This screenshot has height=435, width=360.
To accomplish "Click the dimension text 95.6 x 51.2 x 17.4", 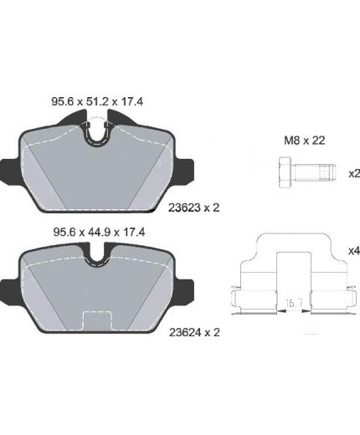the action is point(97,102).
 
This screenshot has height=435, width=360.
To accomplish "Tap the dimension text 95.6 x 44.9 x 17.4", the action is point(99,232).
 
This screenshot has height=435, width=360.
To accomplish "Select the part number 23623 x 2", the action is point(194,207).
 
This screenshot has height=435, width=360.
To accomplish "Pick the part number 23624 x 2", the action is point(194,332).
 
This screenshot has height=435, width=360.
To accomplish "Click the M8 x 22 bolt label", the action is point(305,141).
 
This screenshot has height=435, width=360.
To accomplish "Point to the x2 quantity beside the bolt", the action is point(354,174).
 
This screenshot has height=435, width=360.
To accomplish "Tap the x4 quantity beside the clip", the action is point(354,251).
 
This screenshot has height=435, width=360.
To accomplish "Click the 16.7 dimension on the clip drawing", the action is point(294,303).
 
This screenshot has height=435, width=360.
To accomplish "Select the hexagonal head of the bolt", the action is point(285,172).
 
